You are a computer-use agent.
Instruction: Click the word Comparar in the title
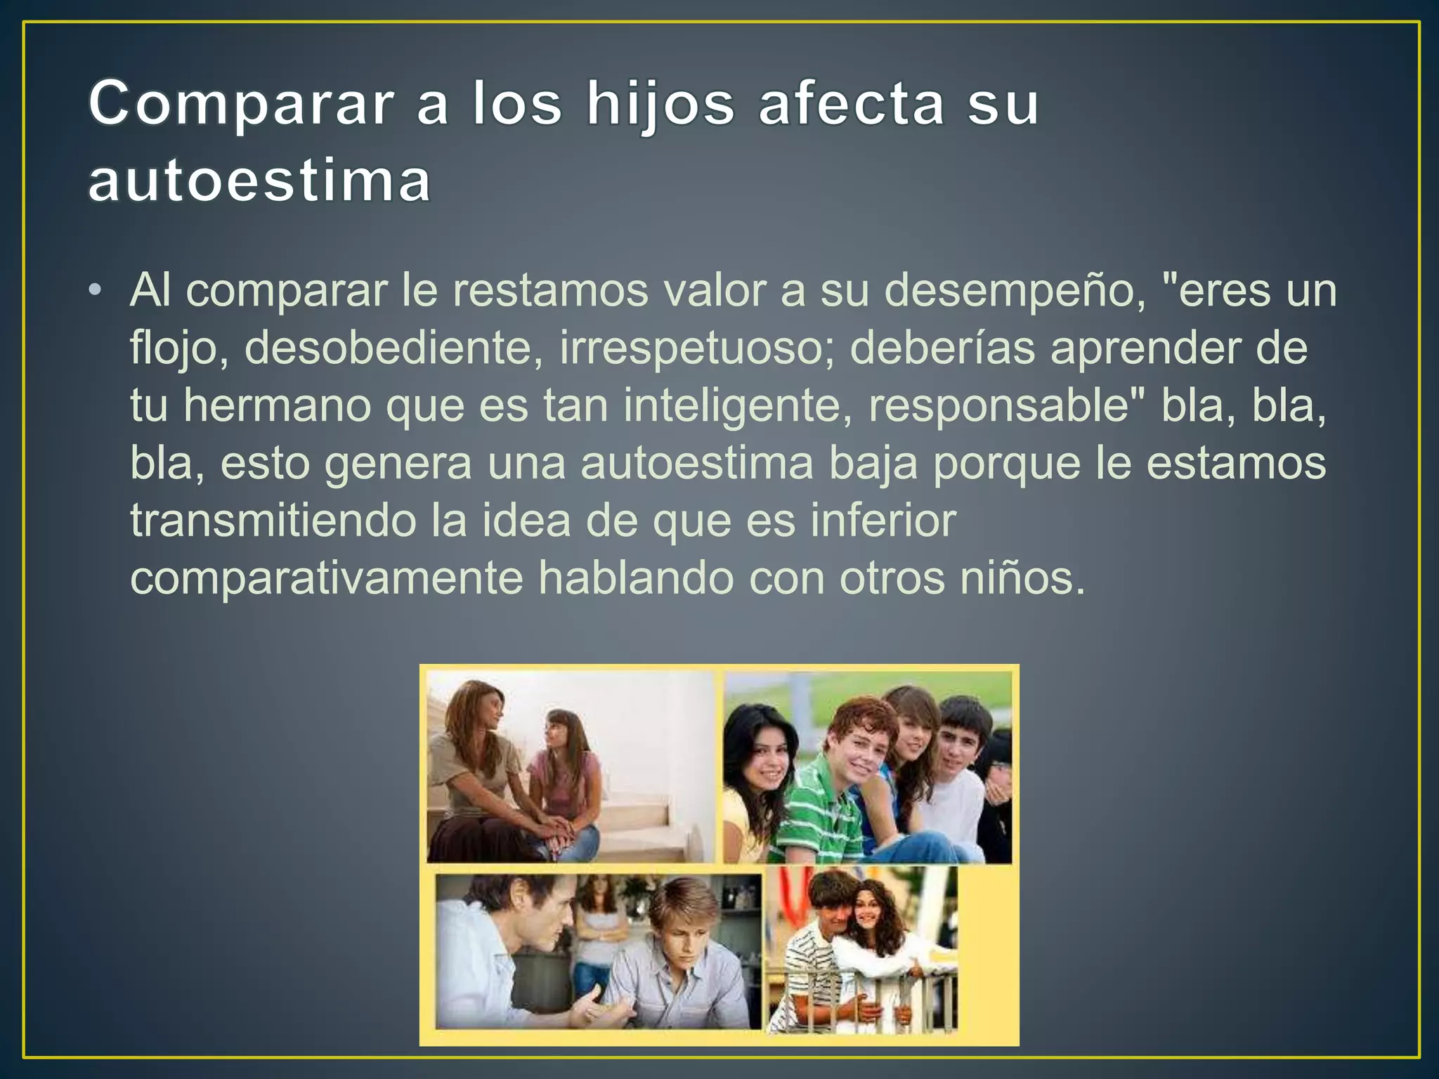pos(240,104)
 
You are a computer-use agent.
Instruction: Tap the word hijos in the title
pos(660,104)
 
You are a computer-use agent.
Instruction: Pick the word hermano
pos(277,406)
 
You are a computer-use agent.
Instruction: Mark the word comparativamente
pos(326,579)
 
